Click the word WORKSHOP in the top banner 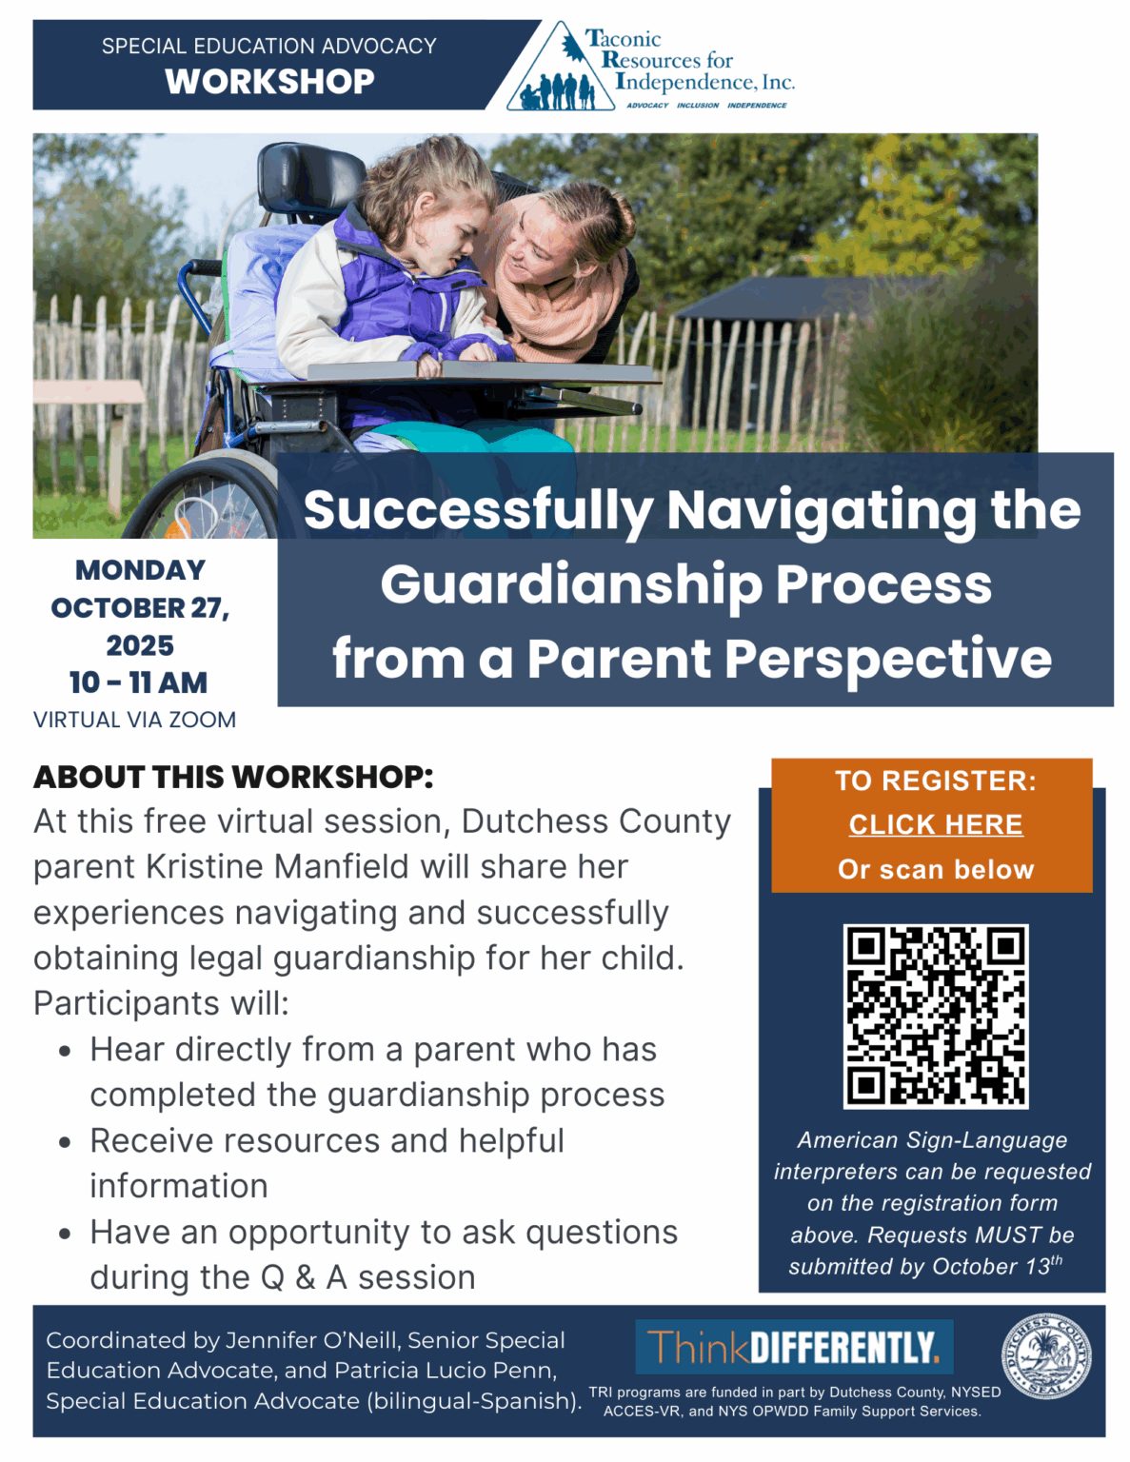coord(269,82)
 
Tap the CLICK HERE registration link coord(935,824)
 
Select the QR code coord(935,1016)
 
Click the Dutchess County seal coord(1045,1357)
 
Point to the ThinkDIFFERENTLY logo coord(794,1347)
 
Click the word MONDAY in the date coord(140,570)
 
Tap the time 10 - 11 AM coord(139,682)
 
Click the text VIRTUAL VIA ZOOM coord(135,721)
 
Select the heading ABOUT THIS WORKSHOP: coord(233,777)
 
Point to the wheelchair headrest coord(303,176)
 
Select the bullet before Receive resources coord(65,1142)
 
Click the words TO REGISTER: coord(935,781)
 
